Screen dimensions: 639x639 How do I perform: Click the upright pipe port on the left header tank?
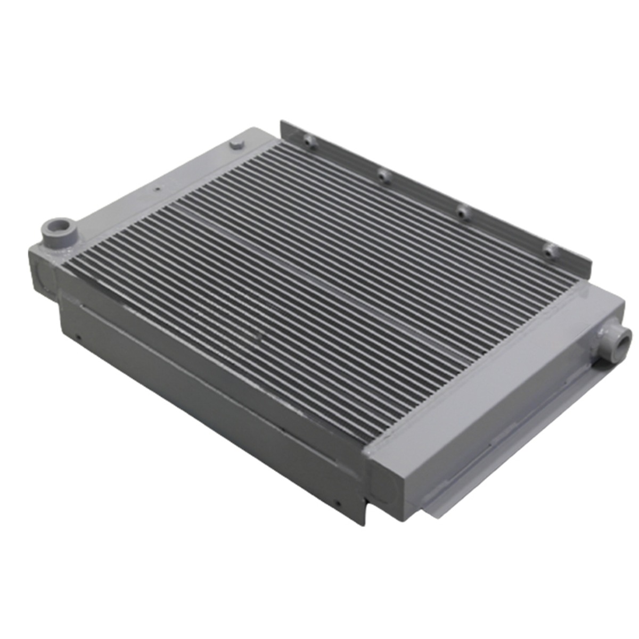coord(55,231)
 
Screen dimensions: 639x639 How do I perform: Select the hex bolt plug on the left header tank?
coord(236,144)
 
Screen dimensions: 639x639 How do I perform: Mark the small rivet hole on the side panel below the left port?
coord(78,337)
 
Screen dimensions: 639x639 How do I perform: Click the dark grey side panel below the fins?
coord(213,405)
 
